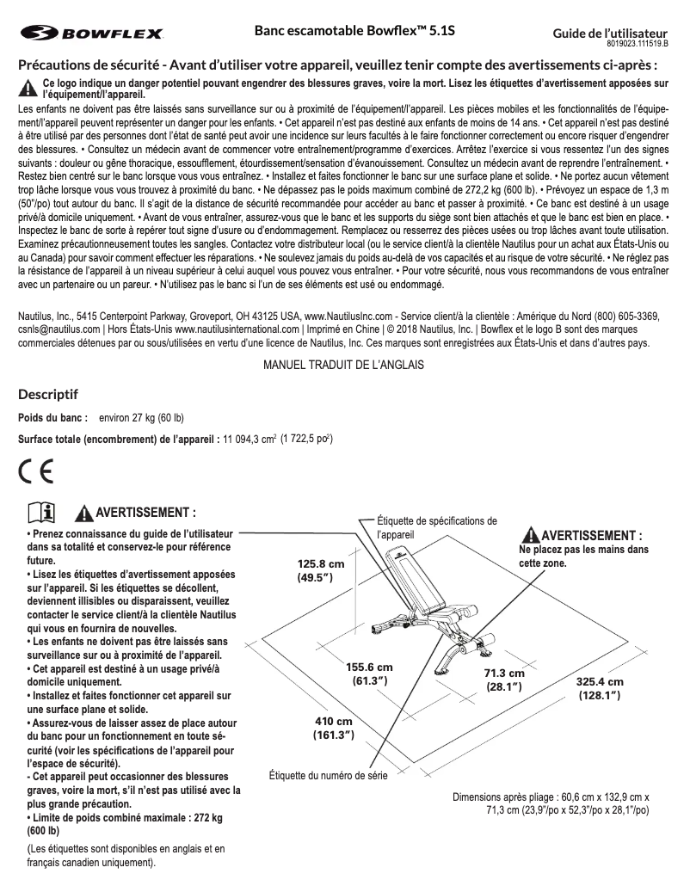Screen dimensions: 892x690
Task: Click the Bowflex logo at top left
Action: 91,34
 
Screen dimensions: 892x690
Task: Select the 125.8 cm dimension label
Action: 321,571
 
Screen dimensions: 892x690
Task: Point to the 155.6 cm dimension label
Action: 369,674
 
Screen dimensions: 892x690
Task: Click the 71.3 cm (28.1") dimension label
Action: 503,680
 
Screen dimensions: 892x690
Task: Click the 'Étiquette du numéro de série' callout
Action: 329,776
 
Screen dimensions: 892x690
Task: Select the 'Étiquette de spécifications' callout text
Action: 437,526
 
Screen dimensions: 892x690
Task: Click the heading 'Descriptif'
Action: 48,395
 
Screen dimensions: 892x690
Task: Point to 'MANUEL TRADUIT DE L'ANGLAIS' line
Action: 344,365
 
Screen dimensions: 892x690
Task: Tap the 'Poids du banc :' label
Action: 53,418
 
